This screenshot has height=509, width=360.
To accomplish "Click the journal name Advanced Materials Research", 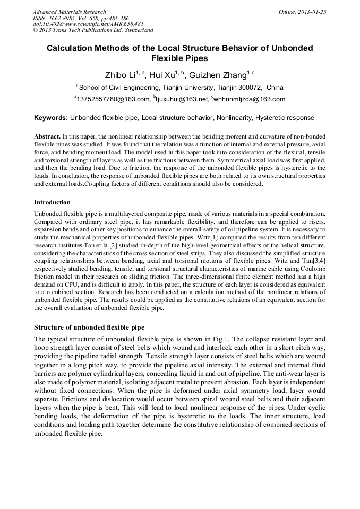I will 69,12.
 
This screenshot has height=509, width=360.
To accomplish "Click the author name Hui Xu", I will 162,75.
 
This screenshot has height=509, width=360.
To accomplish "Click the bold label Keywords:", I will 51,118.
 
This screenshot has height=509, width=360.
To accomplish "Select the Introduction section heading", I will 52,202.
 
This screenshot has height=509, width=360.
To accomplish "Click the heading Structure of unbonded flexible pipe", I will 89,327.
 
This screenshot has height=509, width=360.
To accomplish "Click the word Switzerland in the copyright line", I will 136,31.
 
